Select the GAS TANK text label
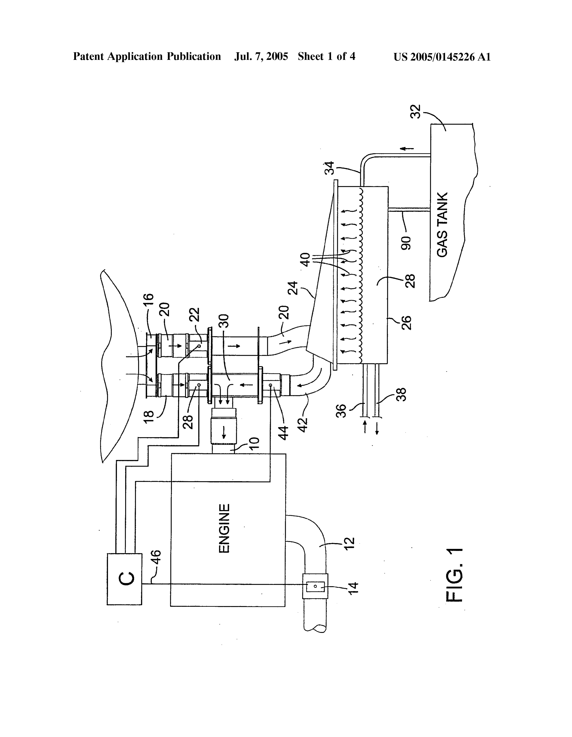tap(442, 224)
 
